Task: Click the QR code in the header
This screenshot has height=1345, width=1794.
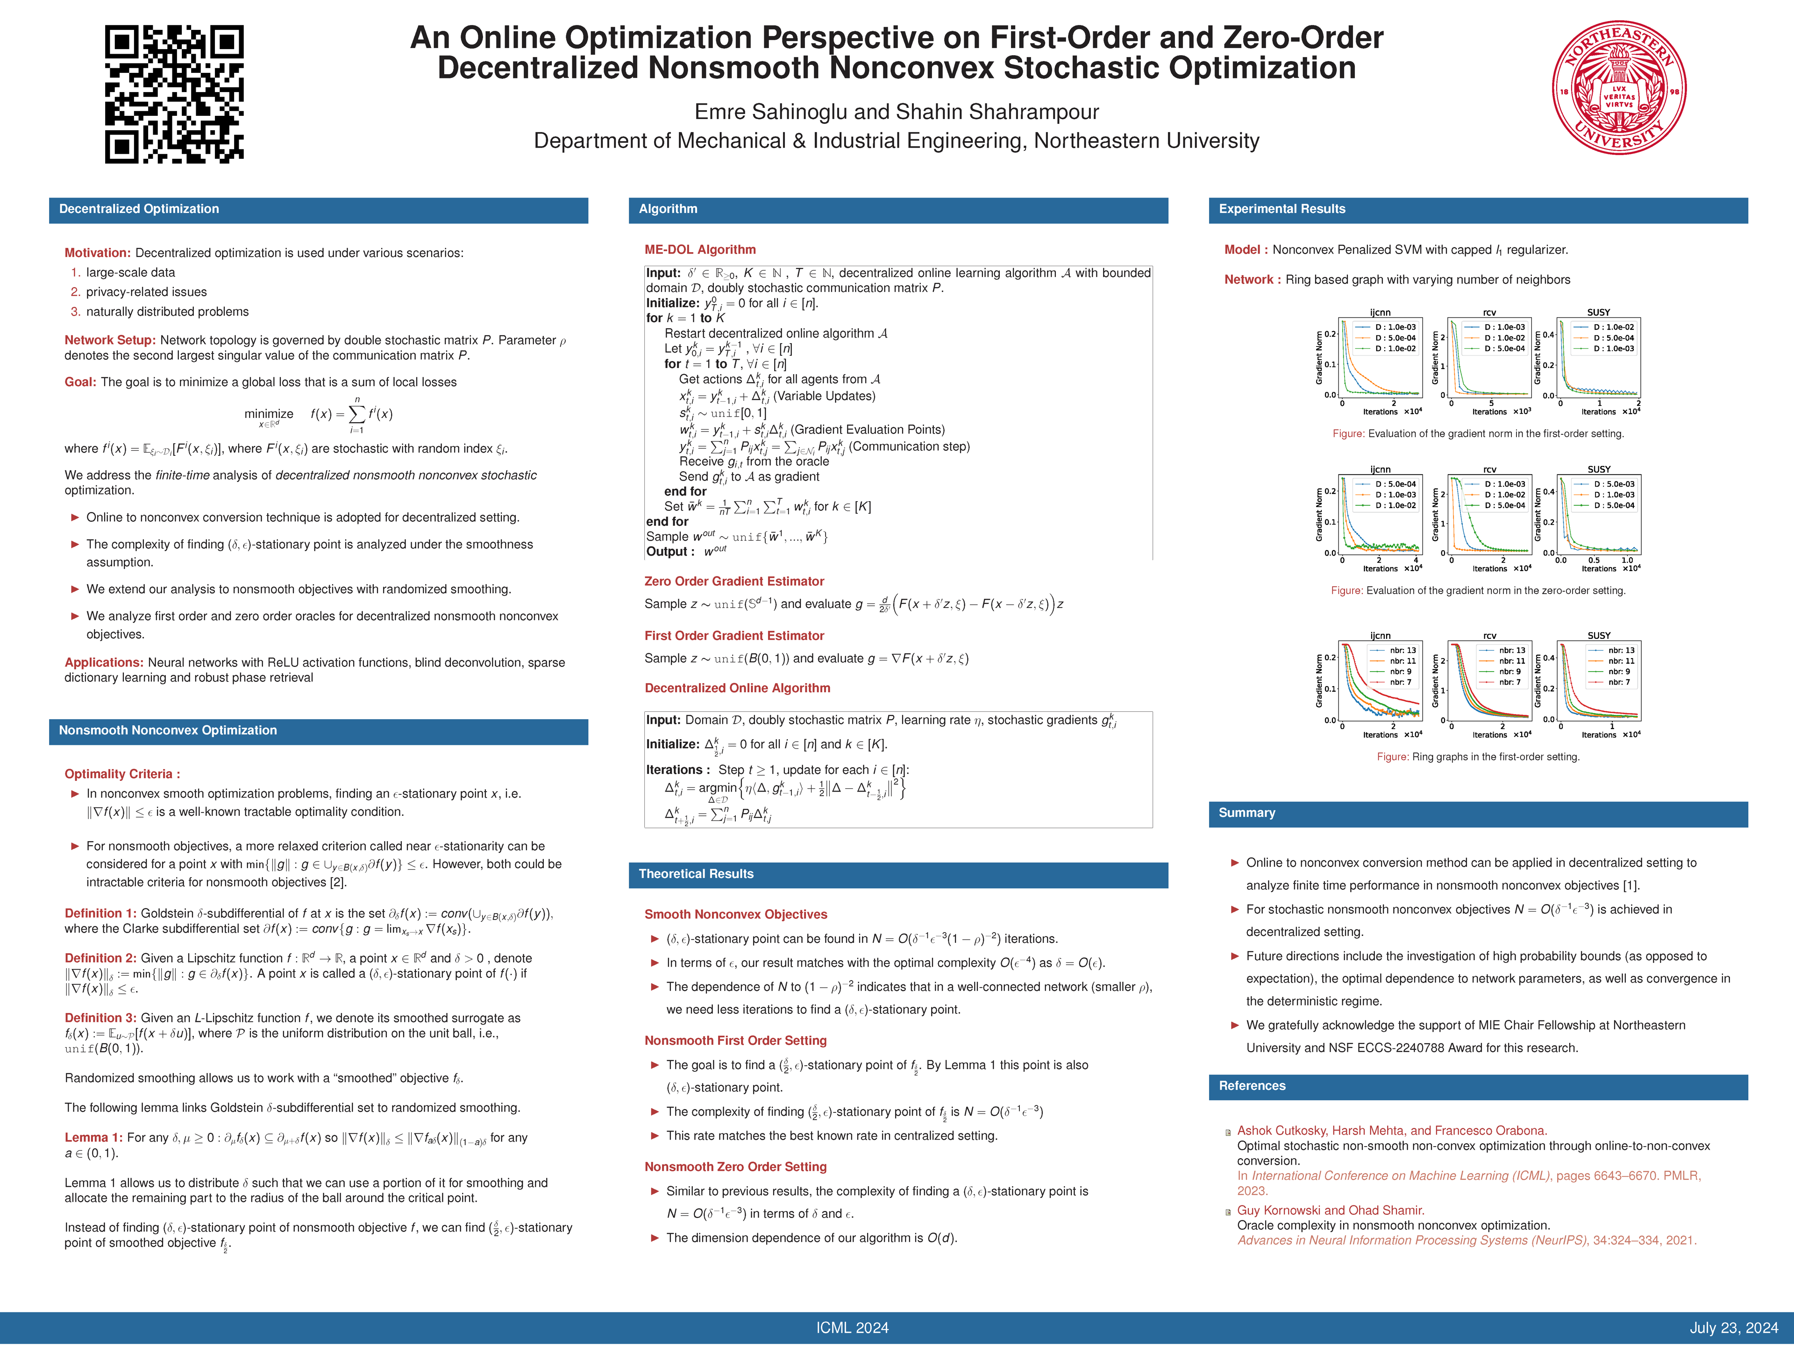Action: [174, 94]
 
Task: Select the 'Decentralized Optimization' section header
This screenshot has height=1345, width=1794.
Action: [139, 209]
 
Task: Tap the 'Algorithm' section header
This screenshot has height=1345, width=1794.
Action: [668, 209]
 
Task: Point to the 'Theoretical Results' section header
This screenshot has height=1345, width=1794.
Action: [696, 874]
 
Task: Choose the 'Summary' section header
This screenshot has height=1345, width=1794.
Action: [1246, 813]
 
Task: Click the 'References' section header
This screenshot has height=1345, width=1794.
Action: [1252, 1086]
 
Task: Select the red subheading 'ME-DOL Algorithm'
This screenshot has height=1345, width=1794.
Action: [700, 250]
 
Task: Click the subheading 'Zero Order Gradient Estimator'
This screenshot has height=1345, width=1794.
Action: [734, 581]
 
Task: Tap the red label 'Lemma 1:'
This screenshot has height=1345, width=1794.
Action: [94, 1138]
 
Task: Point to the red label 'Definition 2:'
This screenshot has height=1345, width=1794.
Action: [100, 958]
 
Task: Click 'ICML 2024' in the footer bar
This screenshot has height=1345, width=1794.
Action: [853, 1328]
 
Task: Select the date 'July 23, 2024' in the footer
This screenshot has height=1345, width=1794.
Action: [1733, 1328]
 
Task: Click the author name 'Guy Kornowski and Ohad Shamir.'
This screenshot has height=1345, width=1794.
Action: [1330, 1210]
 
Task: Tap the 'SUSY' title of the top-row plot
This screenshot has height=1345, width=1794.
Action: [1599, 312]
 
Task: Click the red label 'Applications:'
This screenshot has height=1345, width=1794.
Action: [104, 662]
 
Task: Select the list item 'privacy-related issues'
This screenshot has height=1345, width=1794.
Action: [146, 292]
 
